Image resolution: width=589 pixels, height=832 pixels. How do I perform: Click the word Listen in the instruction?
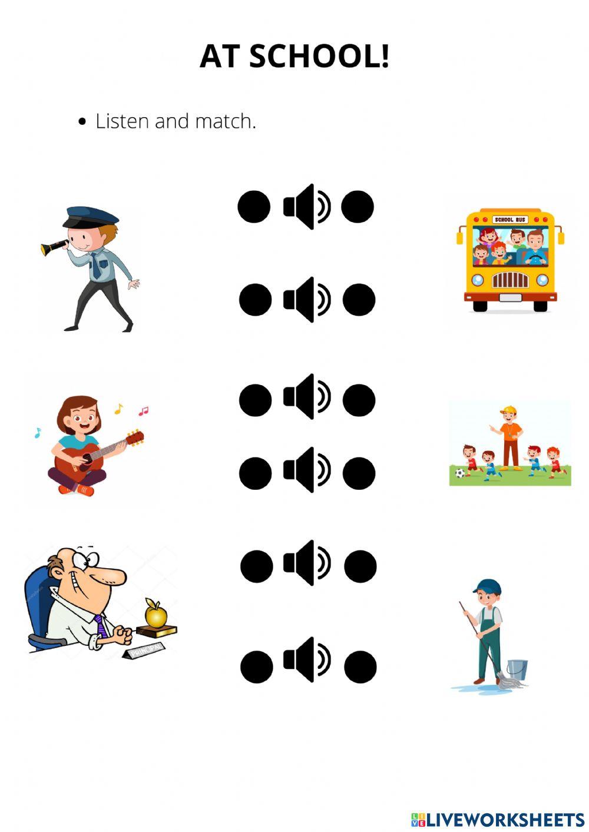click(x=123, y=121)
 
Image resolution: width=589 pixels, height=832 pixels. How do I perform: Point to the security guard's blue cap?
click(x=90, y=217)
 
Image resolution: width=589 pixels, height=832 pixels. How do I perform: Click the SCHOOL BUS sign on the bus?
click(x=509, y=220)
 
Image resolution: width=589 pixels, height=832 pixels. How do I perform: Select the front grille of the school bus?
click(x=510, y=280)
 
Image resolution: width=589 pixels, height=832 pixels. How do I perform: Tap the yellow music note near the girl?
click(x=118, y=409)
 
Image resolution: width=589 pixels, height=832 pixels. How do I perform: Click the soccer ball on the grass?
click(x=460, y=473)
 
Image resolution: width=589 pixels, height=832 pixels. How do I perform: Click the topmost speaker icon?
click(x=307, y=207)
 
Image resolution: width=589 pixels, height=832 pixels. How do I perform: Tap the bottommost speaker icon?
click(x=307, y=661)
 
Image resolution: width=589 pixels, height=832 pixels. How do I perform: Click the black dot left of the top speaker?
click(x=254, y=207)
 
